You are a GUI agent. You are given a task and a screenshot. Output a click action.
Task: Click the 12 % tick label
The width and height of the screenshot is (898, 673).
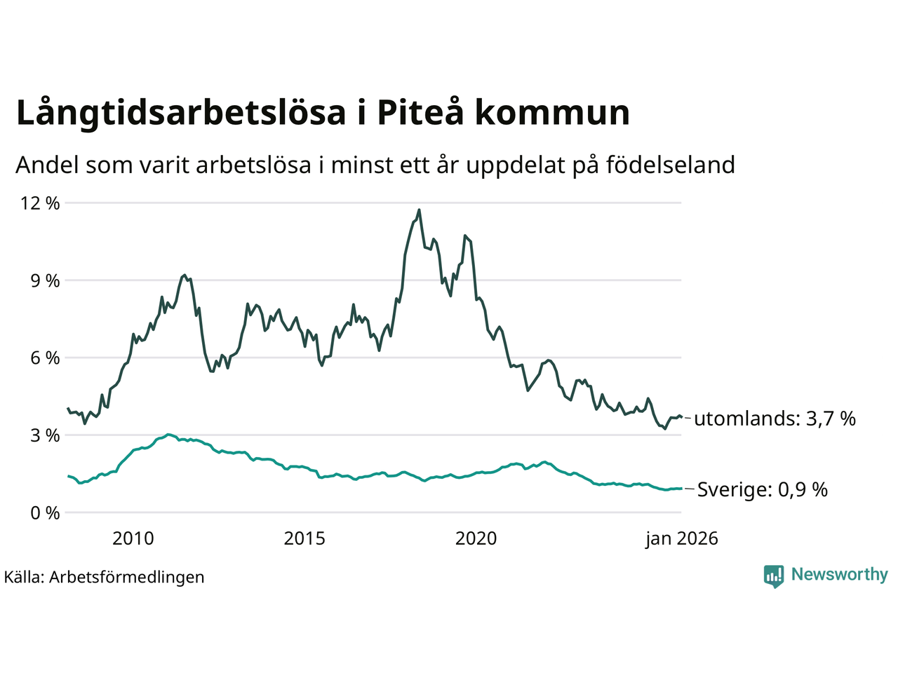pos(41,203)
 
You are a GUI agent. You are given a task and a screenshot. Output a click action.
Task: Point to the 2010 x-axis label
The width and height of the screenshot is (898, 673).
pos(133,538)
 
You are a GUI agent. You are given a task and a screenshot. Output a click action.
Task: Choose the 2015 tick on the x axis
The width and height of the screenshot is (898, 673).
pos(304,538)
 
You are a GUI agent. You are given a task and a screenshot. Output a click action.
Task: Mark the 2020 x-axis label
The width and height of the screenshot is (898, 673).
pos(476,538)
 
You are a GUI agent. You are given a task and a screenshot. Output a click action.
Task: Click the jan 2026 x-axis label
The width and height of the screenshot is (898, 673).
pos(682,538)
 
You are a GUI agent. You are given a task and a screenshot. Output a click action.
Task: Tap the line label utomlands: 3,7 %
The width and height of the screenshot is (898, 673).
pos(775,419)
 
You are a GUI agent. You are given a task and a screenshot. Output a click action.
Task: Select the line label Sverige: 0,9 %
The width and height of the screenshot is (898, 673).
pos(762,489)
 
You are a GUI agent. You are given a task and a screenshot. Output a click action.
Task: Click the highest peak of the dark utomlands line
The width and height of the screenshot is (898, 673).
pos(419,210)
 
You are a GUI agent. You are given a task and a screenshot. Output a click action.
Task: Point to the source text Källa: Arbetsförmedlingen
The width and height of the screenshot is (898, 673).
pos(105,577)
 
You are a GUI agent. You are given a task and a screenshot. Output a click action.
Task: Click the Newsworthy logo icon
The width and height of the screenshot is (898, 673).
pos(774,576)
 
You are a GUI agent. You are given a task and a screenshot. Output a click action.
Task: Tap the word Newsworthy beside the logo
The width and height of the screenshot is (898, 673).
pos(839,575)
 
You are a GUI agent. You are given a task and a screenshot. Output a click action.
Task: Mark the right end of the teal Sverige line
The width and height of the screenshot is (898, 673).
pos(681,489)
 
